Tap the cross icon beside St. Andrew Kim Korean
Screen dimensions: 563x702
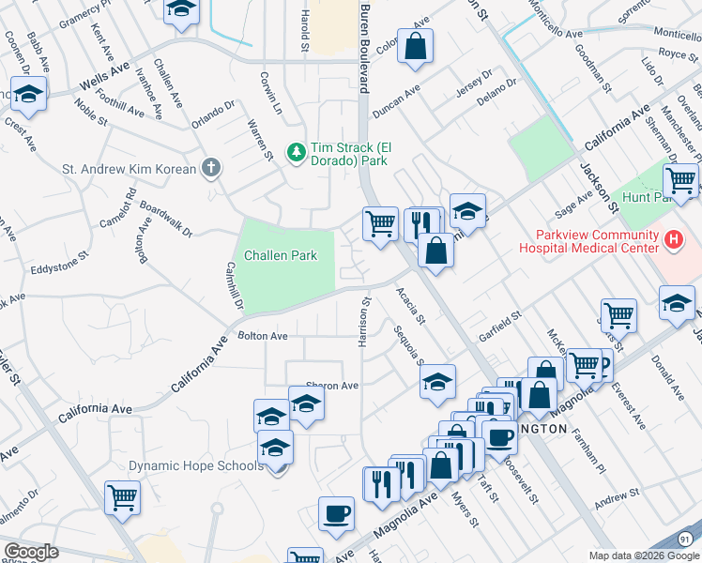[211, 169]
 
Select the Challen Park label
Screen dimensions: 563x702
[281, 255]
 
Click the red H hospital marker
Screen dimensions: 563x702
[672, 241]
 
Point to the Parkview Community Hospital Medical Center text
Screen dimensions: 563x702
[586, 241]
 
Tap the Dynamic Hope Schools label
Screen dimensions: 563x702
[195, 465]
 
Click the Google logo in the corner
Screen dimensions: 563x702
[31, 552]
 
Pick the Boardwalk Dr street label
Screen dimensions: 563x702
[166, 219]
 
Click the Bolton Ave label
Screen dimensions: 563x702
[262, 335]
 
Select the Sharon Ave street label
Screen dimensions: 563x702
[333, 386]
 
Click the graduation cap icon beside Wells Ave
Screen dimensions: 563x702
[29, 96]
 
